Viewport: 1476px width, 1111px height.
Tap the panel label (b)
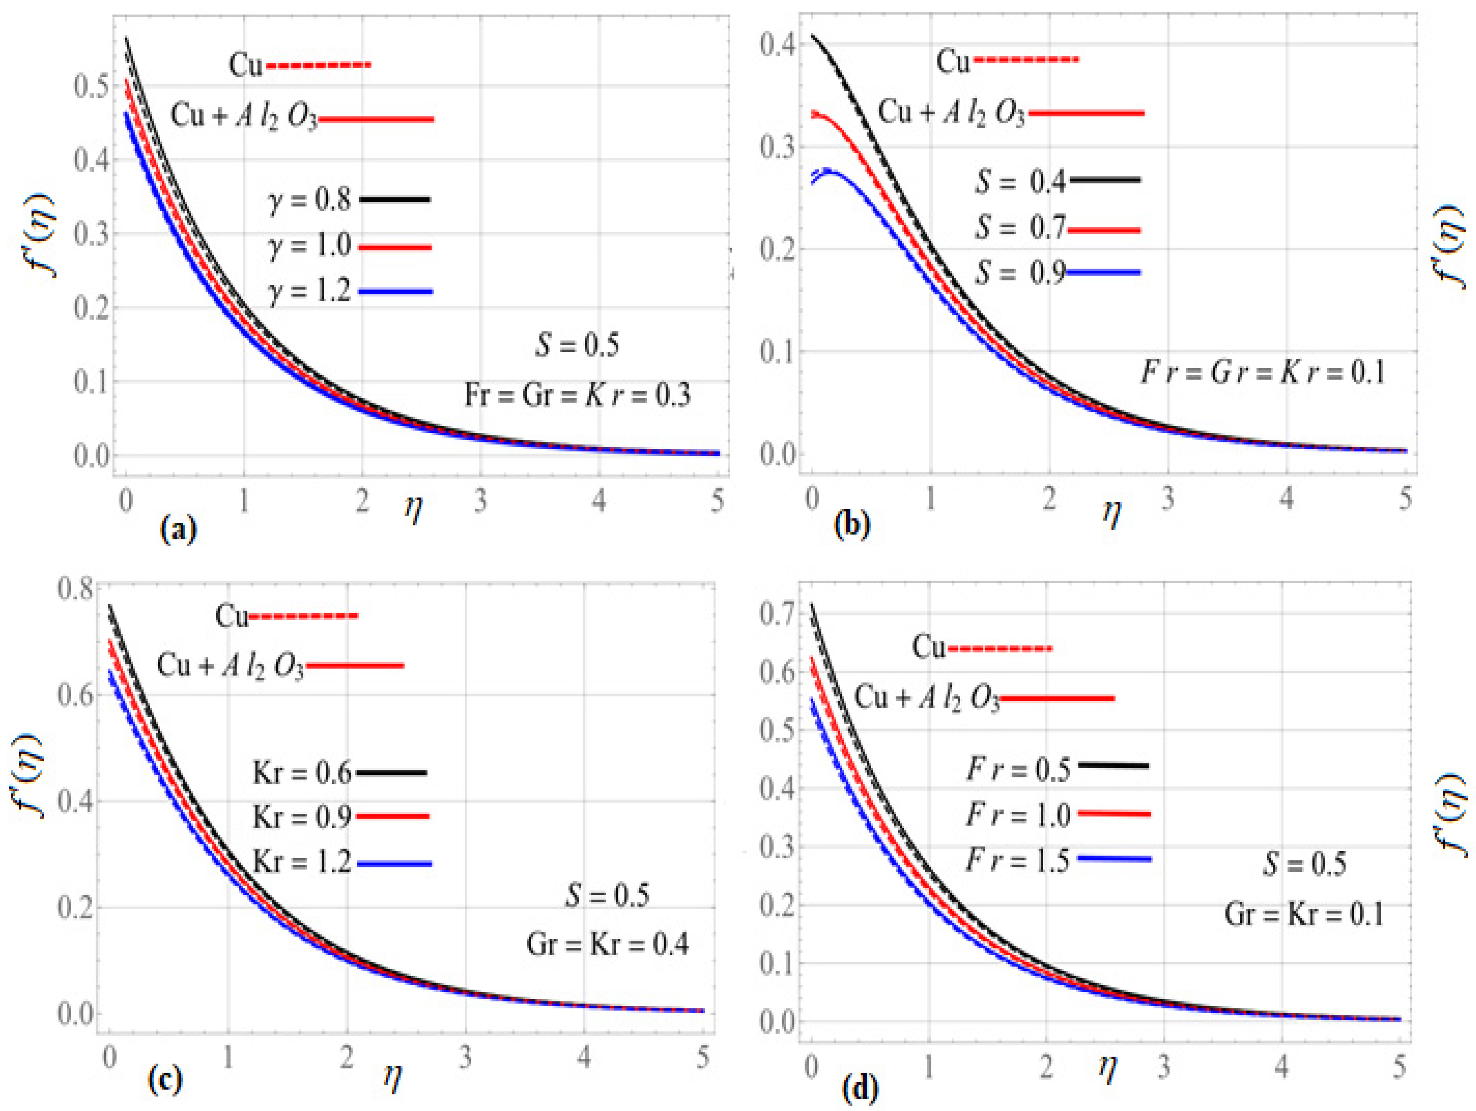click(852, 525)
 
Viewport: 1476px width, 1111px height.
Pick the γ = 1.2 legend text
click(309, 291)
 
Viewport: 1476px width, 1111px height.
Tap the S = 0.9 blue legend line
click(1104, 272)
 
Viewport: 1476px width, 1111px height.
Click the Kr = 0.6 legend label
click(302, 773)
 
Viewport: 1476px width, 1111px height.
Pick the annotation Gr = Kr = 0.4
click(607, 944)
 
